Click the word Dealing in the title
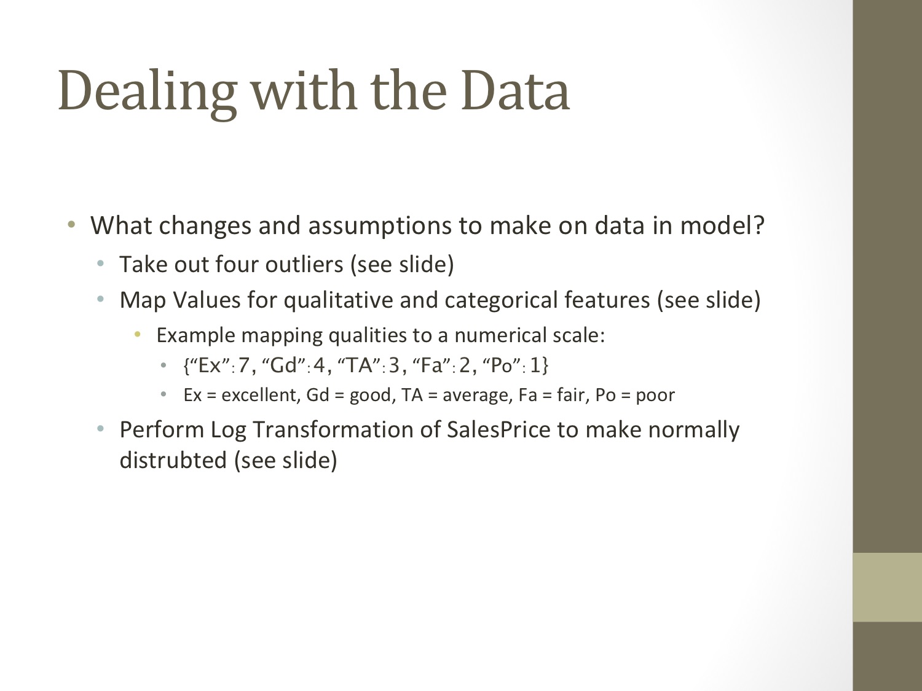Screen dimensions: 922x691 pyautogui.click(x=148, y=92)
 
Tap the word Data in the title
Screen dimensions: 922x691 pyautogui.click(x=515, y=91)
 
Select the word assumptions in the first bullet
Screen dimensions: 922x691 pyautogui.click(x=379, y=227)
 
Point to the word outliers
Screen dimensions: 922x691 pyautogui.click(x=304, y=265)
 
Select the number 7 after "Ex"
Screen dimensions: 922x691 pyautogui.click(x=243, y=366)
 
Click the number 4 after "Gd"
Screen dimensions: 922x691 pyautogui.click(x=319, y=366)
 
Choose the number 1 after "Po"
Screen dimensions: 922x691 pyautogui.click(x=535, y=366)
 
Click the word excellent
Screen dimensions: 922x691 pyautogui.click(x=259, y=395)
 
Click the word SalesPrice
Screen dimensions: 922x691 pyautogui.click(x=498, y=430)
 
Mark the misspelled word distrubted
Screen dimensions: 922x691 pyautogui.click(x=173, y=461)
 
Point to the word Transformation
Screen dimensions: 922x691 pyautogui.click(x=347, y=430)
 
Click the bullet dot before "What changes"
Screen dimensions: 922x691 pyautogui.click(x=71, y=224)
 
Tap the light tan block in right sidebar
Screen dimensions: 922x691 pyautogui.click(x=888, y=587)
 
